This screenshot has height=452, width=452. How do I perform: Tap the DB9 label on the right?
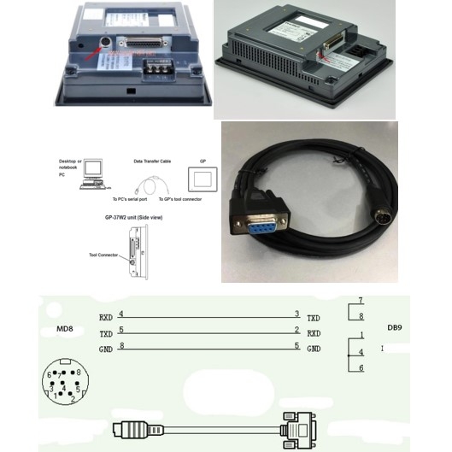tap(395, 327)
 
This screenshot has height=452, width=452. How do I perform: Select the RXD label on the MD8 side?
tap(106, 317)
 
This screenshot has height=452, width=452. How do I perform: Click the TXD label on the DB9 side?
tap(314, 317)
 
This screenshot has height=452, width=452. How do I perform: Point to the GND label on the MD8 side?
tap(106, 349)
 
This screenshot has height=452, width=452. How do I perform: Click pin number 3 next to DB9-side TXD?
tap(296, 314)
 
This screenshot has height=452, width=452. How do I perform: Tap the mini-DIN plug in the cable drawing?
tap(129, 426)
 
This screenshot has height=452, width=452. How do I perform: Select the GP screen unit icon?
tap(201, 179)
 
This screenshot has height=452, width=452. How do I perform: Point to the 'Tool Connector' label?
tap(105, 254)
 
